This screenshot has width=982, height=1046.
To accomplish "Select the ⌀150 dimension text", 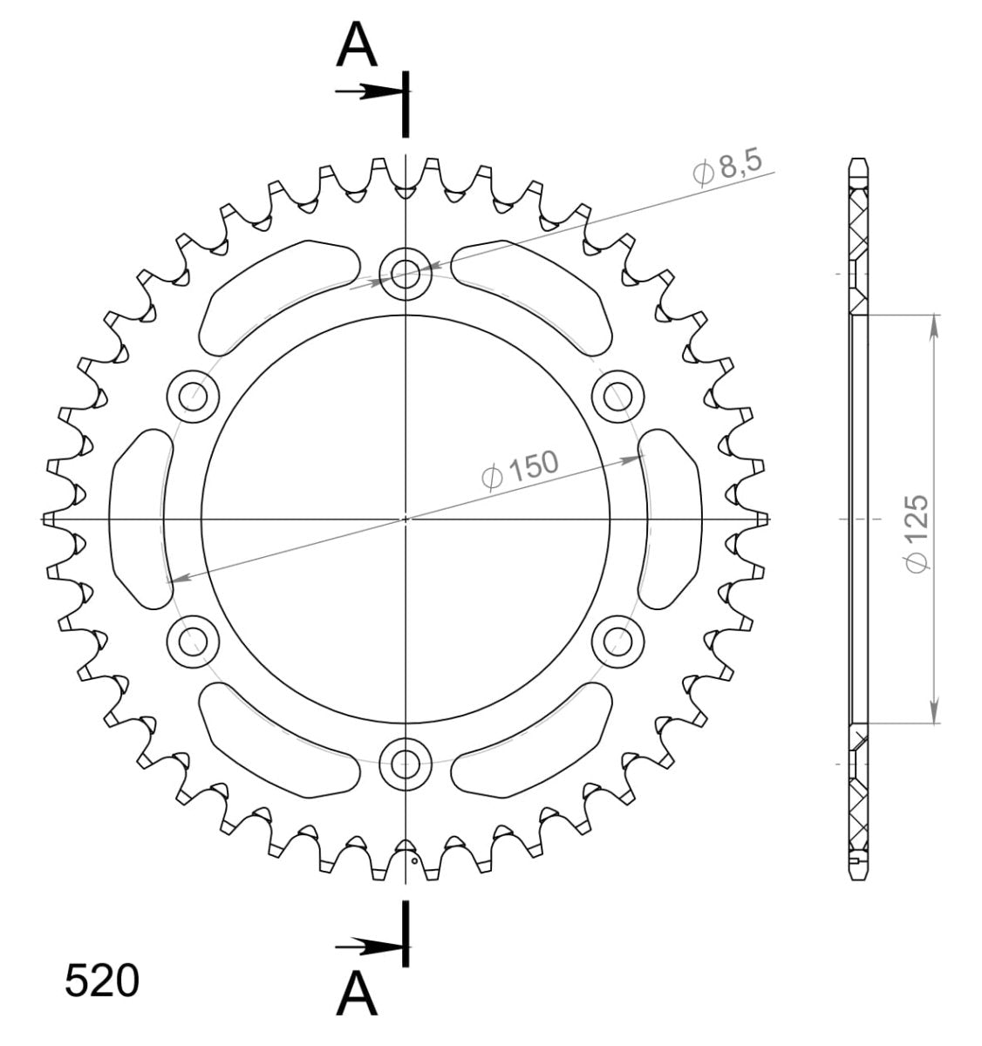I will tap(520, 470).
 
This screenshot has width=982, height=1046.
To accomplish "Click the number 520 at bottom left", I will tap(101, 981).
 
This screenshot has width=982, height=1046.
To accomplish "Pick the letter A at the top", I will tap(357, 45).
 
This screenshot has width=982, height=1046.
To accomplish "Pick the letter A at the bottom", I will tap(357, 995).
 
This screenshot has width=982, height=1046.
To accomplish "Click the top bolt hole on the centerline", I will tap(405, 275).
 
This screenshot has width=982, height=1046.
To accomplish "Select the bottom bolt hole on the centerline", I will tap(405, 763).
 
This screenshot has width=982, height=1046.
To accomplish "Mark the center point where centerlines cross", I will tap(405, 520).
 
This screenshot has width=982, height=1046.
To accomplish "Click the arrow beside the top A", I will tap(366, 92).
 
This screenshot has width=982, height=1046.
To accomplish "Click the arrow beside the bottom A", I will tap(366, 946).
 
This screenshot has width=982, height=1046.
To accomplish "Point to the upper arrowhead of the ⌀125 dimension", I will tap(934, 324).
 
